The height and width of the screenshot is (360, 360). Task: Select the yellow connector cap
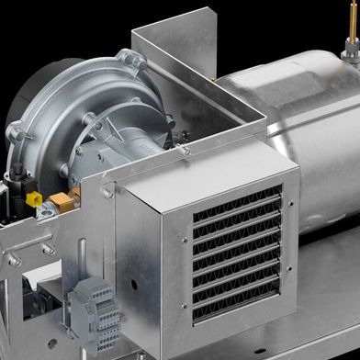tap(34, 197)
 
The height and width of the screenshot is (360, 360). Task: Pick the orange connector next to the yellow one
tap(61, 198)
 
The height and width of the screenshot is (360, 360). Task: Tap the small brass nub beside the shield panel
tap(213, 80)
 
